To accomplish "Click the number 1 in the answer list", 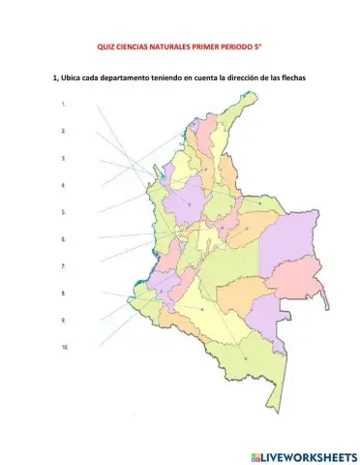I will click(x=63, y=103).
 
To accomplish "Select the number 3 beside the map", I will click(x=63, y=157).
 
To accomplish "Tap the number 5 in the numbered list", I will click(x=63, y=211).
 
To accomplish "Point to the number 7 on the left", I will click(x=63, y=265).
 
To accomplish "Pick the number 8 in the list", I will click(x=63, y=293).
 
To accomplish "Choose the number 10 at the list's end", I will click(x=64, y=347).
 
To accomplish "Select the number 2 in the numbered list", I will click(x=63, y=130).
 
